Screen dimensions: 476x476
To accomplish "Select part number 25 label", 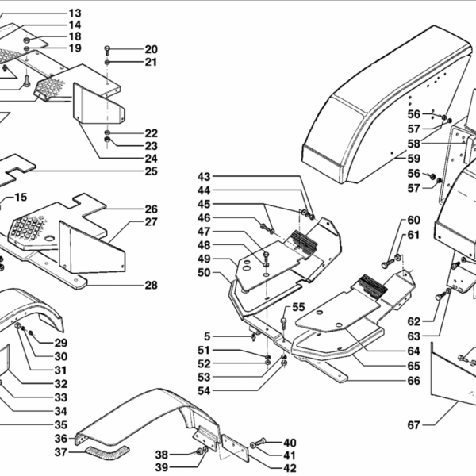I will tap(151, 171).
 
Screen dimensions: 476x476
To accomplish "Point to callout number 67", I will tap(413, 425).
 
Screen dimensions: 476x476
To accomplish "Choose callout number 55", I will tap(298, 307).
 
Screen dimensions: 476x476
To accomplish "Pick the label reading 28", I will tap(151, 286).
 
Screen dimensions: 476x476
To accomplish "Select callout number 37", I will tap(61, 452).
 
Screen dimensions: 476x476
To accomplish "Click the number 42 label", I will tap(290, 468).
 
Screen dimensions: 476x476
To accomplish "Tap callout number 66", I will tap(413, 380).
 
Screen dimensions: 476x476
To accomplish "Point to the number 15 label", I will tap(21, 197).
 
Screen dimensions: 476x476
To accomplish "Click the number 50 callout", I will tap(204, 273).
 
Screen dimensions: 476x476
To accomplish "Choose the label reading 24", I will tap(151, 158).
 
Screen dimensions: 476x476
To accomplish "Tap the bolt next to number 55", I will tap(282, 320).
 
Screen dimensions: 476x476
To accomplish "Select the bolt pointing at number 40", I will tap(255, 443).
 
